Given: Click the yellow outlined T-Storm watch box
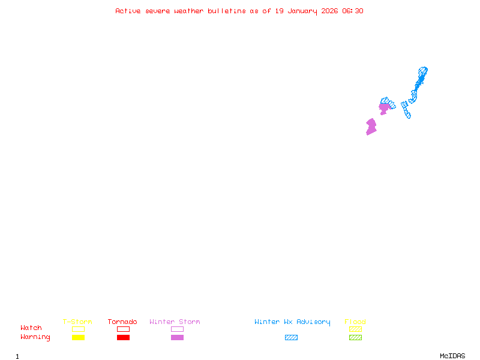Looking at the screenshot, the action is point(78,329).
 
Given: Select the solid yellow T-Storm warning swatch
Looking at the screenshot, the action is point(78,337).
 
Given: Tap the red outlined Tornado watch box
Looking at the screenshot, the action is point(123,329).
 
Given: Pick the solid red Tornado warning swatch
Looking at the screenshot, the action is point(123,337).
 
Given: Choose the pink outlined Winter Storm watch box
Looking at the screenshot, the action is point(177,329).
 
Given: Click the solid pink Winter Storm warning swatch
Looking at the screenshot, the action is point(177,337).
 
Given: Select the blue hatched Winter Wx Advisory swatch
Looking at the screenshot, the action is point(291,337).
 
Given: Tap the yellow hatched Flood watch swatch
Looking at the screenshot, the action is point(355,329).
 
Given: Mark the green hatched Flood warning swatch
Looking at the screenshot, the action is point(355,337).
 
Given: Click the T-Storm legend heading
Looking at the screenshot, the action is point(77,322).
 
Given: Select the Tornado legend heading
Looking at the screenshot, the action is point(122,322).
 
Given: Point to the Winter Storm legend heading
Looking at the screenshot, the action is point(175,322).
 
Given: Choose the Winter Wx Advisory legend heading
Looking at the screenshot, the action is point(292,322).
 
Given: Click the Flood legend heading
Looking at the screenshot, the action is point(355,322).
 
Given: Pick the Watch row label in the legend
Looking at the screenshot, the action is point(31,328).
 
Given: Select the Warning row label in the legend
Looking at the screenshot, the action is point(35,337).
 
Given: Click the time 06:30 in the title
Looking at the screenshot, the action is point(353,11).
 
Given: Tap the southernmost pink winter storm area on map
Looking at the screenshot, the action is point(371,127).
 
